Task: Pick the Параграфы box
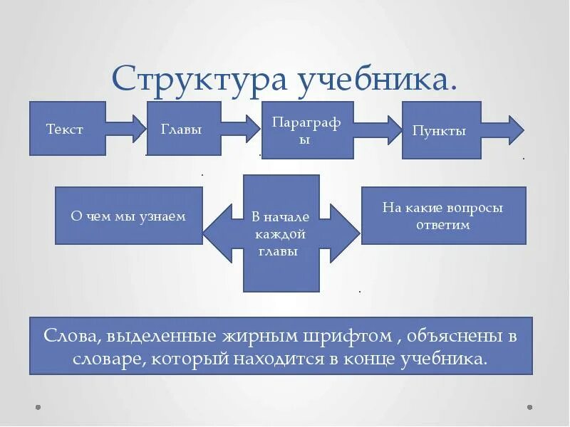pos(307,130)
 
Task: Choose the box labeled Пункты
pos(441,130)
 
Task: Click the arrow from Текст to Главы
pos(126,129)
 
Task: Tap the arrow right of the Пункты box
pos(504,130)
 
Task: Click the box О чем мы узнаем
pos(128,216)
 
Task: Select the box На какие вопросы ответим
pos(443,216)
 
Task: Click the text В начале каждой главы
pos(281,233)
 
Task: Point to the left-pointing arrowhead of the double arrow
pos(221,233)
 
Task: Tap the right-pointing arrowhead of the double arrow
pos(342,233)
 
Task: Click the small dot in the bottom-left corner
pos(38,408)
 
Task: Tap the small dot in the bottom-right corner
pos(529,408)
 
